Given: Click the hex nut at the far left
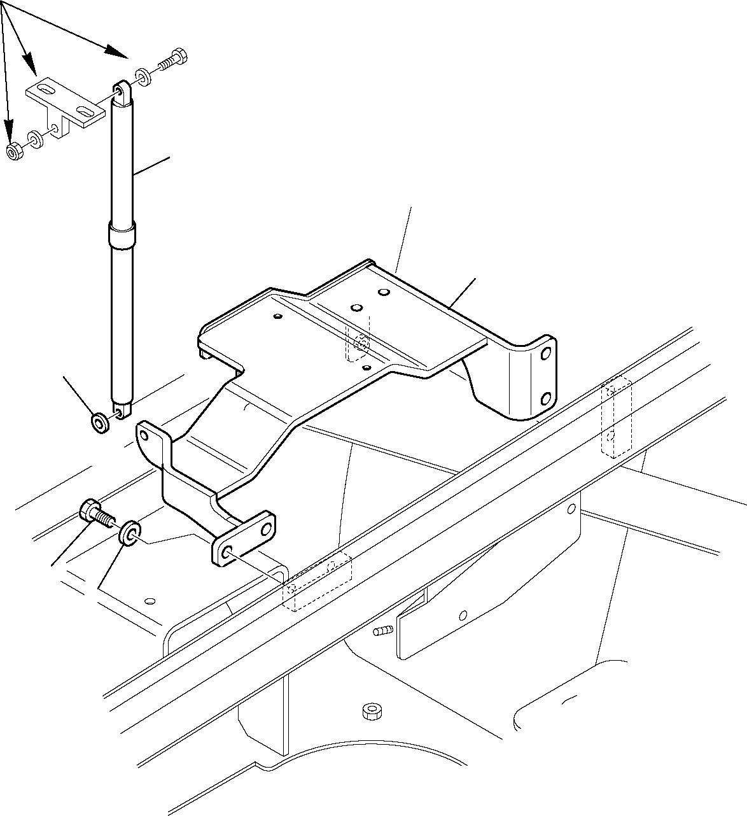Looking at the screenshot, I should click(14, 151).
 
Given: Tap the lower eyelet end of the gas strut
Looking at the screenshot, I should click(122, 411).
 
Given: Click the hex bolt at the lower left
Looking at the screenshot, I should click(93, 512).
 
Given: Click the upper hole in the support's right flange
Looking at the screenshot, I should click(545, 353).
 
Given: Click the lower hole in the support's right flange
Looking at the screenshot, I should click(545, 399).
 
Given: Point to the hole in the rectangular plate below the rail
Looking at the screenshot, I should click(463, 614).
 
